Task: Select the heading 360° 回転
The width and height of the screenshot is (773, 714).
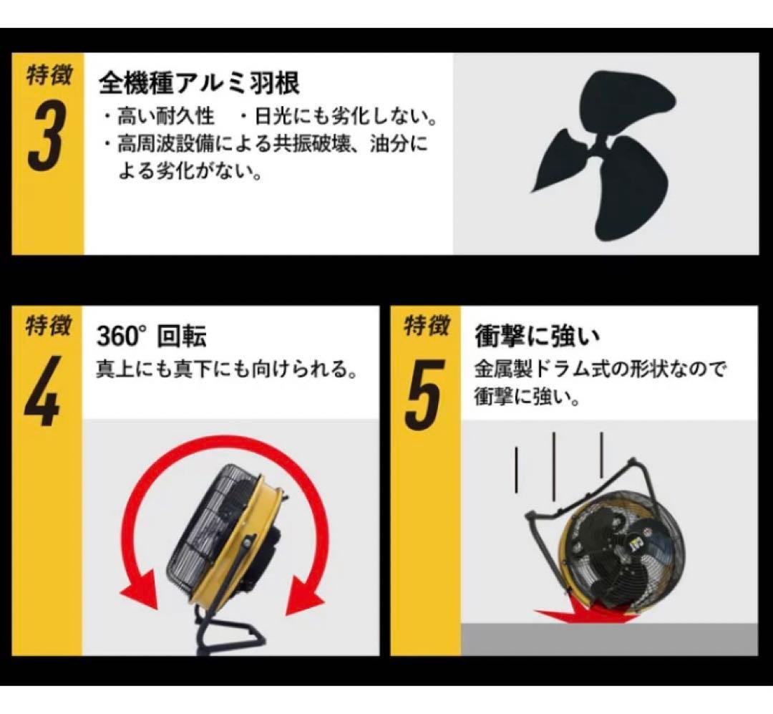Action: coord(151,336)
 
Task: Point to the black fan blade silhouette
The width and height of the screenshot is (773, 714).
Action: coord(605,153)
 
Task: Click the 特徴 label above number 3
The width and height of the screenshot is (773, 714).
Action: coord(49,75)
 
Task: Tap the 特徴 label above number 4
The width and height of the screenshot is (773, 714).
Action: coord(49,327)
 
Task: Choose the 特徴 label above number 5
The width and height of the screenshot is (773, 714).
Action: coord(427,327)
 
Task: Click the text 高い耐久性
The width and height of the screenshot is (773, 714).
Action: coord(165,115)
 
